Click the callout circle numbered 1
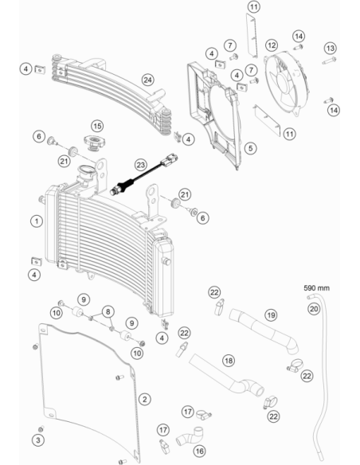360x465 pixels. click(x=37, y=221)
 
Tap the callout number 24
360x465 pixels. click(x=147, y=80)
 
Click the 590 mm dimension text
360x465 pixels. click(x=316, y=288)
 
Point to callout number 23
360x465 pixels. click(x=140, y=165)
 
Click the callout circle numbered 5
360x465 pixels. click(x=251, y=148)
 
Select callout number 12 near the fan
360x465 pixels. click(x=272, y=45)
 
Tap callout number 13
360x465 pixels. click(x=330, y=48)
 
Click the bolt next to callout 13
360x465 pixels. click(x=329, y=61)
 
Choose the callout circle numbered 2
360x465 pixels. click(x=144, y=399)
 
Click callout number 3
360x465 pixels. click(x=38, y=440)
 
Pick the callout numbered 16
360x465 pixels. click(x=199, y=451)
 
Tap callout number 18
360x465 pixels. click(x=229, y=361)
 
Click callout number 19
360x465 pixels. click(x=271, y=315)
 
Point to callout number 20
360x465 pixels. click(x=314, y=309)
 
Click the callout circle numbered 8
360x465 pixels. click(x=108, y=311)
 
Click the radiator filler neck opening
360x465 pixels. click(x=86, y=171)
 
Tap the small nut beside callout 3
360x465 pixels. click(x=41, y=429)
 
